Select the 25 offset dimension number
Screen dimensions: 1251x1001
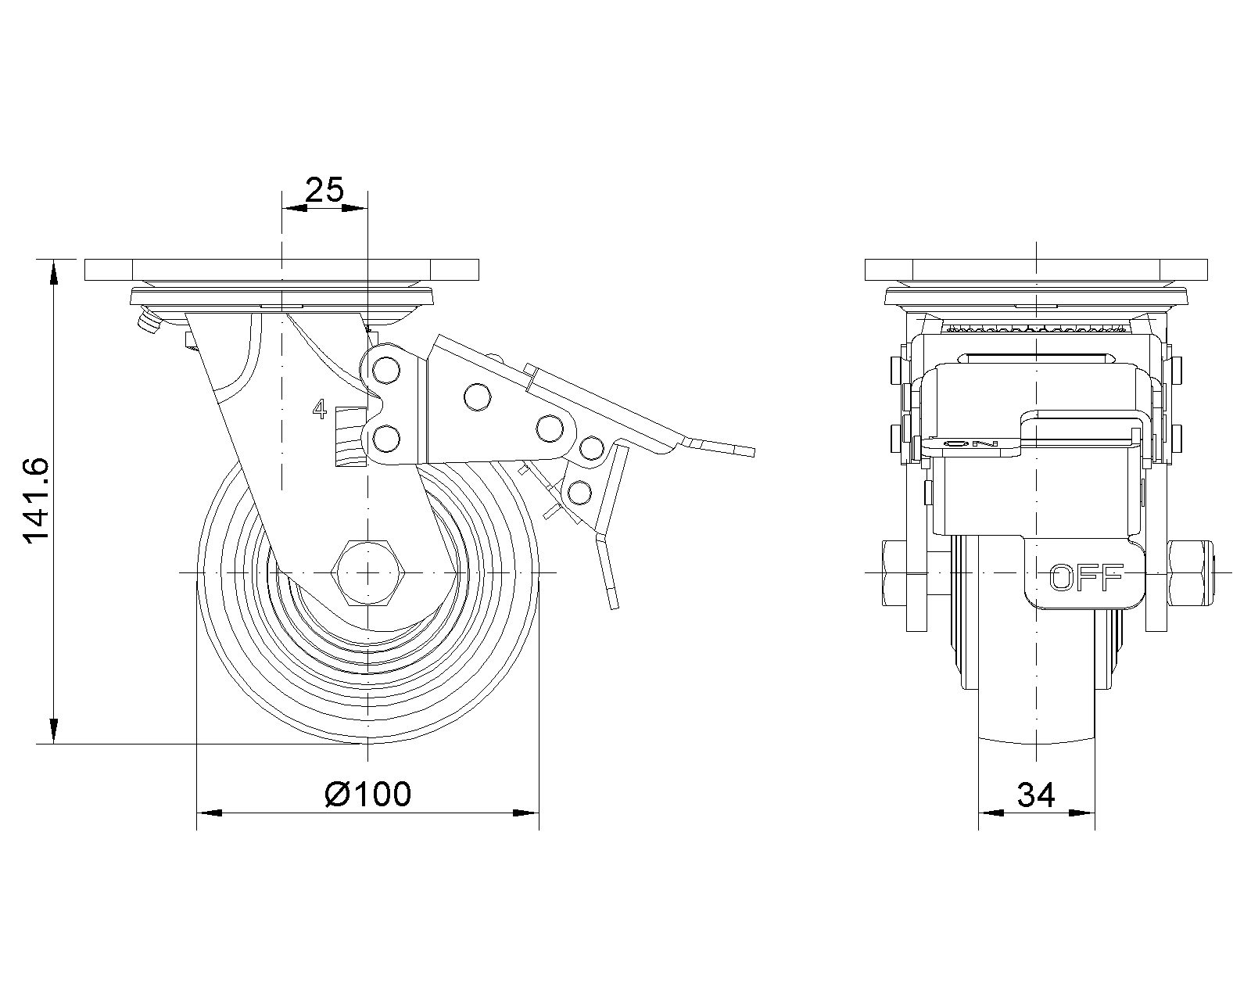pyautogui.click(x=324, y=189)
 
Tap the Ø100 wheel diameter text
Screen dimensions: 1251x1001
pyautogui.click(x=368, y=794)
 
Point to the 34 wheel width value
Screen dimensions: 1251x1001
pyautogui.click(x=1036, y=795)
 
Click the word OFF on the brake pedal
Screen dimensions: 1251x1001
pyautogui.click(x=1086, y=578)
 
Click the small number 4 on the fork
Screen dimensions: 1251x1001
pyautogui.click(x=319, y=409)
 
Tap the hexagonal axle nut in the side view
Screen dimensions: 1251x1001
pyautogui.click(x=368, y=573)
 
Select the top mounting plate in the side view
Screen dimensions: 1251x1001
pyautogui.click(x=282, y=269)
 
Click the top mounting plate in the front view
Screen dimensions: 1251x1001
pyautogui.click(x=1036, y=269)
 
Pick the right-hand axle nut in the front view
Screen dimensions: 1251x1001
pyautogui.click(x=1191, y=573)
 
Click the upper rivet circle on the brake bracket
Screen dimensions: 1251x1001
pyautogui.click(x=386, y=371)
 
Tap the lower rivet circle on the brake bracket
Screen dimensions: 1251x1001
pyautogui.click(x=386, y=440)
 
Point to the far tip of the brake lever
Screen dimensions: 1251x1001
pyautogui.click(x=754, y=453)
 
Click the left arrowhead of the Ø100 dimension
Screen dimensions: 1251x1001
pyautogui.click(x=209, y=813)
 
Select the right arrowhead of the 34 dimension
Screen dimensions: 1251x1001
pyautogui.click(x=1082, y=813)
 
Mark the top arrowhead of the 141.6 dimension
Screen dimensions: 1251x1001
pyautogui.click(x=53, y=272)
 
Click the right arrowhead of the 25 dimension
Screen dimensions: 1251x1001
pyautogui.click(x=355, y=208)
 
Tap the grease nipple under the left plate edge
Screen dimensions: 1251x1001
pyautogui.click(x=149, y=324)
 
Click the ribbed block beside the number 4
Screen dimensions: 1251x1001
pyautogui.click(x=350, y=436)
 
